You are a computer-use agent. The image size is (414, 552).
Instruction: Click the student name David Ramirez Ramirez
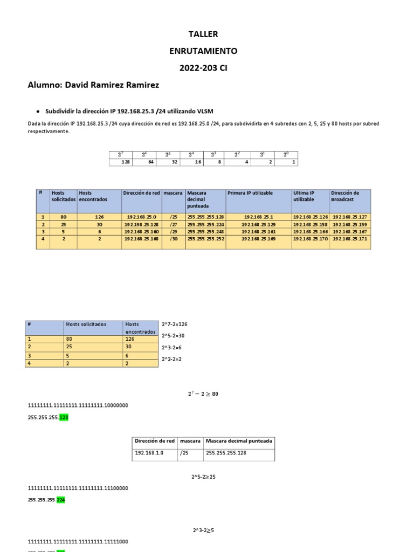click(113, 85)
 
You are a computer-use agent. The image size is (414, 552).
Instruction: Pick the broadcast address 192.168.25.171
click(350, 238)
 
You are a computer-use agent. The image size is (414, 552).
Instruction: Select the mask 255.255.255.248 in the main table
click(205, 231)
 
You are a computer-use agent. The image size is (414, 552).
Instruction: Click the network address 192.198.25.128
click(141, 224)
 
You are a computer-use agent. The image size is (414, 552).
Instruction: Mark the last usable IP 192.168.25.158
click(310, 224)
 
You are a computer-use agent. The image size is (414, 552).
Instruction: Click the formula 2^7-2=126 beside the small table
click(175, 324)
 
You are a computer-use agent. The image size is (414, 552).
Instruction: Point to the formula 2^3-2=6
click(172, 347)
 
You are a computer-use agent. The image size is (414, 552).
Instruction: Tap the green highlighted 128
click(64, 417)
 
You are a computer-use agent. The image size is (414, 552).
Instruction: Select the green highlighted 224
click(62, 500)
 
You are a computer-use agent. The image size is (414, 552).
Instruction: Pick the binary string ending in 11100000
click(78, 488)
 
